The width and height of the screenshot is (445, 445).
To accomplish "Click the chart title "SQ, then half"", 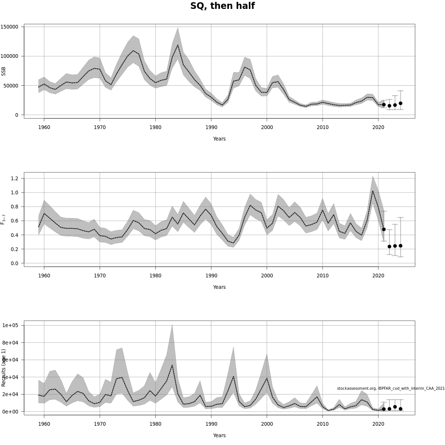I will pos(222,6).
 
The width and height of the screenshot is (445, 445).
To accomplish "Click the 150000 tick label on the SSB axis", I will pos(10,27).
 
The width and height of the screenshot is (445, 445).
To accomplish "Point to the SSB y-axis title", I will pos(4,71).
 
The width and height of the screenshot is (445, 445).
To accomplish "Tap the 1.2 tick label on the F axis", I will pos(15,178).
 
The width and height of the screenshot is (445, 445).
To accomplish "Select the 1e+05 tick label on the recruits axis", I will pos(11,325).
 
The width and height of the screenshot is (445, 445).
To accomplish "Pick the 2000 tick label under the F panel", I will pos(267,276).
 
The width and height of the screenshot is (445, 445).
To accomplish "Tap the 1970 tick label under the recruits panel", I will pos(100,424).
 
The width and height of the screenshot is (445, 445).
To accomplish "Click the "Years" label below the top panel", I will pos(219,139).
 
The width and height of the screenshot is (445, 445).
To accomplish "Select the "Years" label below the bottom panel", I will pos(219,435).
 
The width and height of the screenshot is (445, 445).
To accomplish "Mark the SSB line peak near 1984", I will pos(178,45).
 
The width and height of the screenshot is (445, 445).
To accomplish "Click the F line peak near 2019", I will pos(373,191).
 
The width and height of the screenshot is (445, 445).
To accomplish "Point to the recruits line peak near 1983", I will pos(172,365).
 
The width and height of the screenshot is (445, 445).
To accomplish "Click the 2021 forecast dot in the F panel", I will pos(384,230).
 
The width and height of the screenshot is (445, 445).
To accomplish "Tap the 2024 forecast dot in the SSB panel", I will pos(400,103).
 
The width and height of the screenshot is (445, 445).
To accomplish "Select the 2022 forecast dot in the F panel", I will pos(389,247).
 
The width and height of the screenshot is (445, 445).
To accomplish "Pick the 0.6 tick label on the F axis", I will pos(15,221).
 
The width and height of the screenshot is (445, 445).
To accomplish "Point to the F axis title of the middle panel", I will pos(4,219).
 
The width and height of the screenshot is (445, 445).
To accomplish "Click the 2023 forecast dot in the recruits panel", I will pos(395,407).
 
